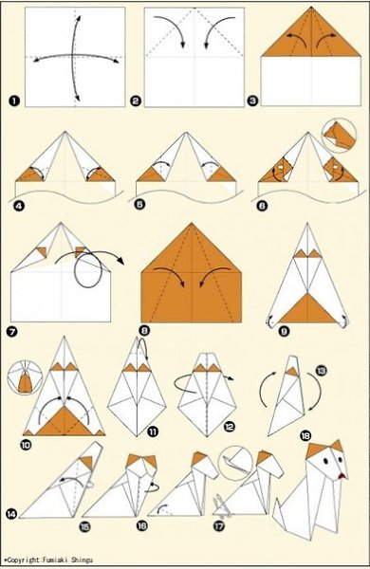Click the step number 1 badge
15,101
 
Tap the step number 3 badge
252,101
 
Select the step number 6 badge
262,206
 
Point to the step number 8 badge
144,331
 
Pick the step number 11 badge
153,431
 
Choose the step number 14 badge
11,513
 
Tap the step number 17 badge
219,525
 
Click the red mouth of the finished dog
342,476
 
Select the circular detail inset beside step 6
339,135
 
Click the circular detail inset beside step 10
25,377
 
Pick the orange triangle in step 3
311,36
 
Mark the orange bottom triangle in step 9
307,310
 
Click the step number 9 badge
284,331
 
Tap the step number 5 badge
139,204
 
